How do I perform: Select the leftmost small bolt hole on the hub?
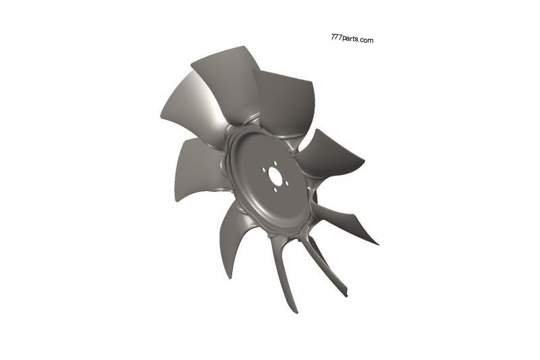pos(263,171)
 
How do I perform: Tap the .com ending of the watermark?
pos(367,41)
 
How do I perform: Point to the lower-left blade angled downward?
pos(233,236)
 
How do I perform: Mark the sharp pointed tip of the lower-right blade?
pos(377,243)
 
